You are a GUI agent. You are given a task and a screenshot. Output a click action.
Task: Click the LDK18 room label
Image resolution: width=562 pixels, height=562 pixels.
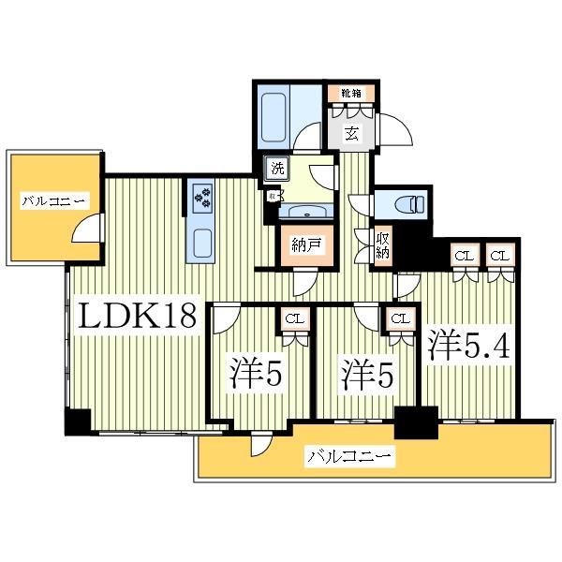coord(138,318)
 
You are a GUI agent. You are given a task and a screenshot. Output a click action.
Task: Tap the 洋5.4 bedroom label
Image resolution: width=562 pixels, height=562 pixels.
coord(469,346)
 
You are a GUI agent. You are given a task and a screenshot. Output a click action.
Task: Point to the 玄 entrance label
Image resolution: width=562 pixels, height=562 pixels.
coord(350,133)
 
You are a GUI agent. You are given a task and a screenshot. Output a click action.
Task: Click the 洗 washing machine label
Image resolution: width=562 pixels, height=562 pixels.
coord(277,169)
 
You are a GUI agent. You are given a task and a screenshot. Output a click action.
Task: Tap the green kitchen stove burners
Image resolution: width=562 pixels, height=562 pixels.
coord(202,196)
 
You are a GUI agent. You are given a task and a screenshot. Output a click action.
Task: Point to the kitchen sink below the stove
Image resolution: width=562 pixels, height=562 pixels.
coord(203,242)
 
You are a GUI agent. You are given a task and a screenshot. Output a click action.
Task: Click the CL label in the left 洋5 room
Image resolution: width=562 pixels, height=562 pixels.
coord(293,318)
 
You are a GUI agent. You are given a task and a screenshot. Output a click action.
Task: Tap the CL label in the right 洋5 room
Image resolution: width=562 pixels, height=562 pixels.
coord(399,318)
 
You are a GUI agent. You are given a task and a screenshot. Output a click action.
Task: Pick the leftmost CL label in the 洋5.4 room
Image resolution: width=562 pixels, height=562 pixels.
coord(463,255)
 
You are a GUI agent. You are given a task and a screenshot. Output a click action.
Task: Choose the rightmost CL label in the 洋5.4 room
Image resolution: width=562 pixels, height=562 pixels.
coord(498,255)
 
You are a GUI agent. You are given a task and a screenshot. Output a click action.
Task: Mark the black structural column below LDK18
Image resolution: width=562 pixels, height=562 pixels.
coord(76,422)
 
